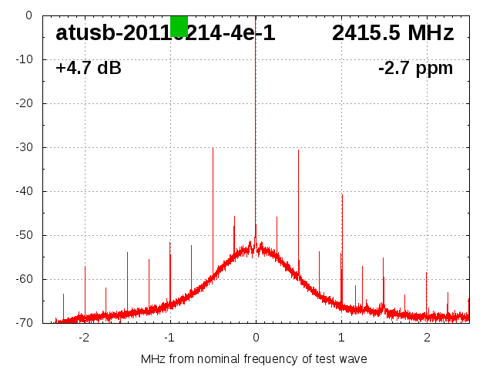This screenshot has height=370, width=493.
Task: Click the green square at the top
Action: coord(179,25)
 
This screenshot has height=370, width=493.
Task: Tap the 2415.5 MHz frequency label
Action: coord(393,33)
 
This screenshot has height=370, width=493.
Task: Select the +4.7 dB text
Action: coord(88,69)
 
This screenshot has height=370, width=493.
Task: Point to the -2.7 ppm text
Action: coord(415,69)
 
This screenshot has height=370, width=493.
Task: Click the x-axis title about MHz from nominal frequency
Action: coord(254,359)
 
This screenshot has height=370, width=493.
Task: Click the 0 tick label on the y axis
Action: coord(29,15)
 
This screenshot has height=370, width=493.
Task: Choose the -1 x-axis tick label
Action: coord(169,337)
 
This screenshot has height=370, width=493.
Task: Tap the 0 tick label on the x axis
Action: coord(256,337)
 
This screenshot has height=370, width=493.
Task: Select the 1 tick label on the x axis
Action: coord(341,337)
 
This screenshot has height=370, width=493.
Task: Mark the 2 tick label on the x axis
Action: coord(427,337)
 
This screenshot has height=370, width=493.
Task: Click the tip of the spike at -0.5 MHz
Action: coord(213,148)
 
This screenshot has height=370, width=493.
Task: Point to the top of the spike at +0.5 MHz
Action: coord(298,150)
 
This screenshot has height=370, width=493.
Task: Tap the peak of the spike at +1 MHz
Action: coord(342,194)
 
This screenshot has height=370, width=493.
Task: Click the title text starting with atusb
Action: coord(165,33)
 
